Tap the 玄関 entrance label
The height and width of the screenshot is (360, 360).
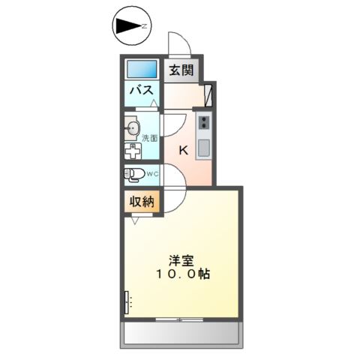pos(181,71)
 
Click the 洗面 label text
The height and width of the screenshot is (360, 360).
pos(150,138)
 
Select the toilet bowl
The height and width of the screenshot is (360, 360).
pos(134,175)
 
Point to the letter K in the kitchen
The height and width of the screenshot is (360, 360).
pos(182,149)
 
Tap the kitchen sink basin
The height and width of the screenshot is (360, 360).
pos(204,146)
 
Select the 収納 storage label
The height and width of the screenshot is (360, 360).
pos(141,202)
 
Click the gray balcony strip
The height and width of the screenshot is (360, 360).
pos(181,332)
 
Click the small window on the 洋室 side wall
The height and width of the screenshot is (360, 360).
pos(125,301)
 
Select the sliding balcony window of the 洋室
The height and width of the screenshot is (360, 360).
pos(181,319)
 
